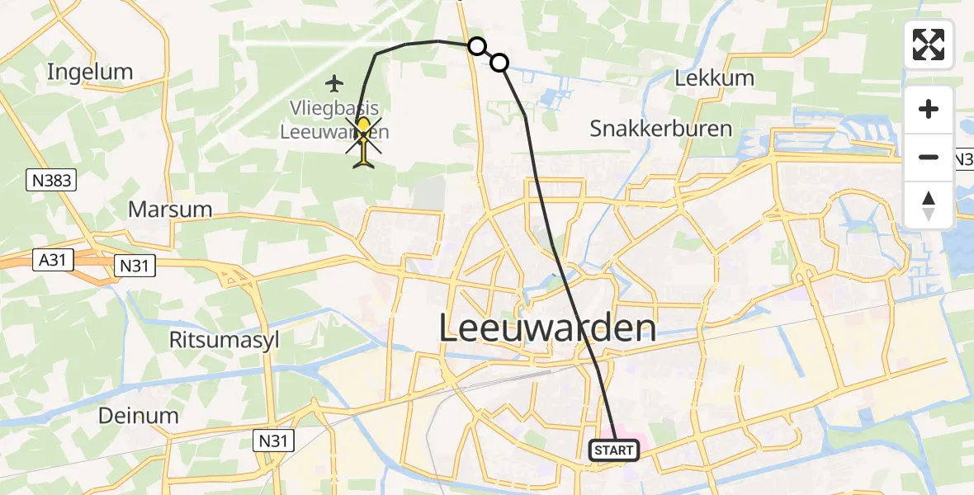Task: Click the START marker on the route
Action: [614, 450]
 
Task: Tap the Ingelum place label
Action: [90, 72]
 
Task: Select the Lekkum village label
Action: [715, 78]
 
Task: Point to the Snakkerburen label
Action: [660, 129]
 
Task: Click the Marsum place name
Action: [170, 210]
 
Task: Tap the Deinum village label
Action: [138, 415]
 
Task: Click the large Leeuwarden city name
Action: [547, 328]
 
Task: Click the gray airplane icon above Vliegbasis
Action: [334, 82]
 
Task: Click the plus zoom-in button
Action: [929, 109]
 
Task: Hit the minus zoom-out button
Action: [929, 157]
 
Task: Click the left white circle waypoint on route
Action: [476, 46]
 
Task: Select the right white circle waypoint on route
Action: [499, 62]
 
